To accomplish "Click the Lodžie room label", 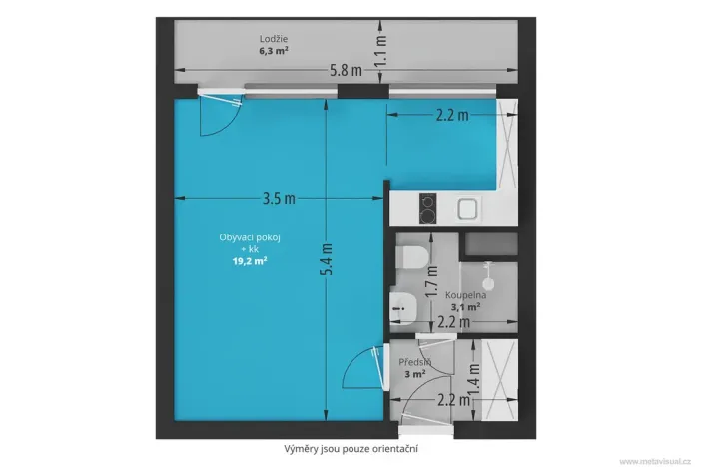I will (x=273, y=39).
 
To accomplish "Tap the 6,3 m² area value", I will (x=273, y=51).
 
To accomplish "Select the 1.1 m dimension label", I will (x=380, y=45).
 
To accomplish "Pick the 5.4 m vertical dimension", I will (x=328, y=261).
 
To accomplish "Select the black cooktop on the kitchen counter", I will (x=426, y=207).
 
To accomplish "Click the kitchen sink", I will (x=467, y=208).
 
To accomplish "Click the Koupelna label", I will (x=465, y=296).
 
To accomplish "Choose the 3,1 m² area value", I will (x=465, y=308).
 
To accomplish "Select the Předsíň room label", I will (x=414, y=362).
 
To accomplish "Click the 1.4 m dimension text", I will (x=474, y=377).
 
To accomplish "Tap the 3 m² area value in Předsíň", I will (x=414, y=374).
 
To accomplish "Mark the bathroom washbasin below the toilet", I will (x=404, y=308).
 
